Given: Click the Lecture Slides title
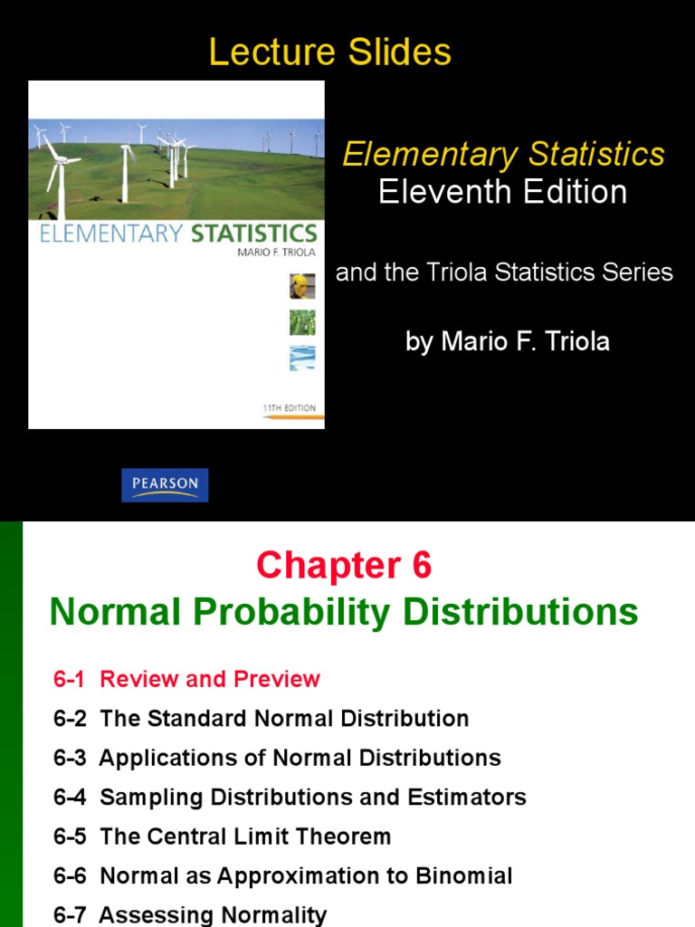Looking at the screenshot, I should (x=330, y=53).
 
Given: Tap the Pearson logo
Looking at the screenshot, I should (x=166, y=484).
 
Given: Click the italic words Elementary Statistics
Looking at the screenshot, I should (x=503, y=154).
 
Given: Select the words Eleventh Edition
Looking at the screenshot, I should (x=503, y=192).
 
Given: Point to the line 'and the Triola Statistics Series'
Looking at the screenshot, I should (x=504, y=272).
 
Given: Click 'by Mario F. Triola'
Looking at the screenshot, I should (x=508, y=341).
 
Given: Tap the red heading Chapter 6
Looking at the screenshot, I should (x=344, y=566).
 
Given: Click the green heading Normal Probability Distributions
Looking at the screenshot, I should (x=344, y=613).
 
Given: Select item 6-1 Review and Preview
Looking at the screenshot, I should (x=186, y=679).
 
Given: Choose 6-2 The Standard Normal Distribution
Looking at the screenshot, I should (x=261, y=719).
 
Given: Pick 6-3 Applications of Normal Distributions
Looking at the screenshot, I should (x=277, y=758).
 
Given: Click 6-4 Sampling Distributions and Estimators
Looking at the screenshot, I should (x=290, y=798).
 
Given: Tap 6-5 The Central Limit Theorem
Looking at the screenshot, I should (x=223, y=836).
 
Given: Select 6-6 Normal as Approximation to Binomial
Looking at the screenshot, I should (x=283, y=876).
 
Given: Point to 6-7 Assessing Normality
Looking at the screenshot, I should (x=190, y=915).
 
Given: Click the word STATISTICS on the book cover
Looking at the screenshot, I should (x=253, y=234).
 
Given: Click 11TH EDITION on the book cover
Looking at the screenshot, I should (x=290, y=408).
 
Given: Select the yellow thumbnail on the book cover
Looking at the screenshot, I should (x=302, y=287).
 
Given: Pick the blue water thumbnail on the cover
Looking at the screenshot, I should (x=302, y=358).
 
